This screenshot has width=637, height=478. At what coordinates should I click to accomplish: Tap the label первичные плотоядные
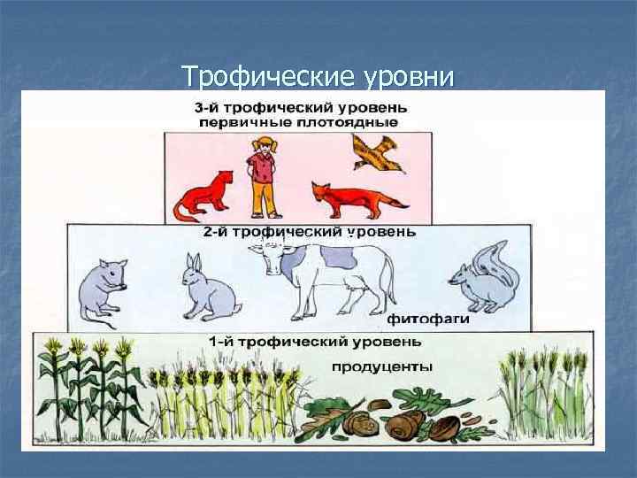[x=297, y=122]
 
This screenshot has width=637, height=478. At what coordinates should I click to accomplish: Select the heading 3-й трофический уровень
[x=296, y=106]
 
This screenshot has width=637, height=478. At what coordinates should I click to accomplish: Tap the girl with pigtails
[x=262, y=177]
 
